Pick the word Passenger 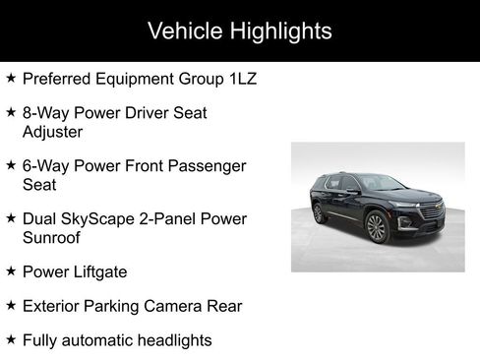[x=208, y=166]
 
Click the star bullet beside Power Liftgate [x=10, y=270]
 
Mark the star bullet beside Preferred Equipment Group [x=10, y=78]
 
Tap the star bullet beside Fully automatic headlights [x=10, y=340]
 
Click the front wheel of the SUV [x=376, y=228]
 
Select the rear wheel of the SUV [x=319, y=213]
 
